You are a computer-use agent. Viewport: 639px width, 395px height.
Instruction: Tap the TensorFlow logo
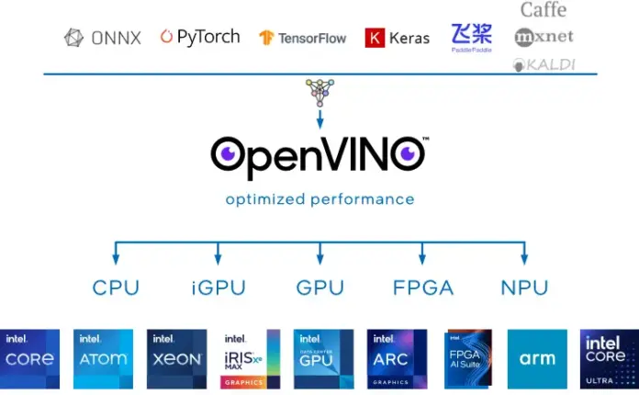(x=302, y=38)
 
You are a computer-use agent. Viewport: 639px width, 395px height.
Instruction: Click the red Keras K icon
(x=375, y=38)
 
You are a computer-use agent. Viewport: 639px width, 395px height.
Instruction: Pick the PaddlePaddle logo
(x=471, y=37)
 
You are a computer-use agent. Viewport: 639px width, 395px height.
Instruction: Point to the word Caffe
(x=544, y=10)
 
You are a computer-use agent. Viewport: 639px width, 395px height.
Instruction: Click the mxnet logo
(x=544, y=38)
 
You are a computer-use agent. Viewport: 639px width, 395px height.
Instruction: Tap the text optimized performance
(x=319, y=198)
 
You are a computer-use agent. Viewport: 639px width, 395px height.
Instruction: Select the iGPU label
(x=218, y=288)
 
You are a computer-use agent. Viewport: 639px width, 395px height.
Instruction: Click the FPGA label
(x=422, y=288)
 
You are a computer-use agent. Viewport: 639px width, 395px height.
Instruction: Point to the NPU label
(x=524, y=288)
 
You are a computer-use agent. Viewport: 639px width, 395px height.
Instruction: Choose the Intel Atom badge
(x=103, y=358)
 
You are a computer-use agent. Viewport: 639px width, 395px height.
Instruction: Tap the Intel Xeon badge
(x=175, y=358)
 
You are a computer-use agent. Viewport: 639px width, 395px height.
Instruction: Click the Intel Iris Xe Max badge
(x=249, y=358)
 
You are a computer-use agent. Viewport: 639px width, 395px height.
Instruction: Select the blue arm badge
(x=537, y=358)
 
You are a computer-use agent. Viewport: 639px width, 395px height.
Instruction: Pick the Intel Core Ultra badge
(x=609, y=358)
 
